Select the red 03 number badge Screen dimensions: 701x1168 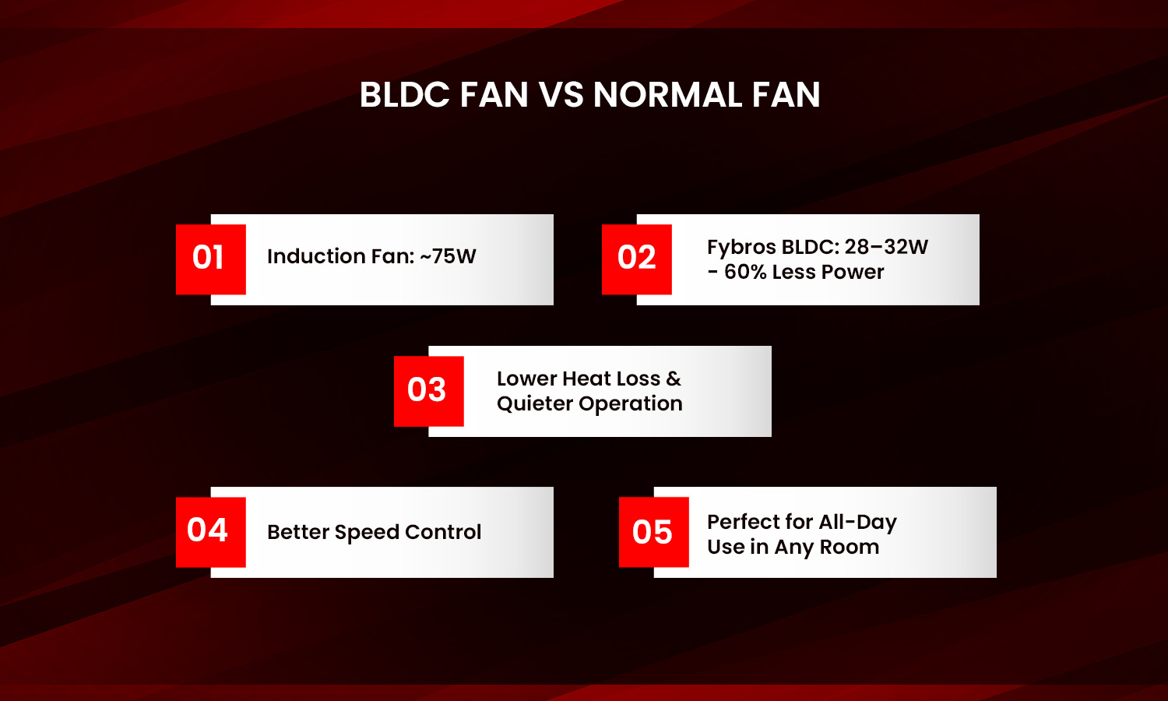[428, 391]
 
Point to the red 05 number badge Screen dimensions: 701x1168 [653, 532]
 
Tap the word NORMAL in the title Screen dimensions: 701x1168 [667, 95]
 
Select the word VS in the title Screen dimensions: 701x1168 [561, 95]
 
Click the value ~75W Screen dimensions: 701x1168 [448, 256]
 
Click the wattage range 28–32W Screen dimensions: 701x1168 [886, 247]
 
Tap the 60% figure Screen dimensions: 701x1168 [745, 272]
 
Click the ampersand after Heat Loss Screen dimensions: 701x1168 [674, 379]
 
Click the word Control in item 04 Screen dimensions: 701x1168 [443, 532]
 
